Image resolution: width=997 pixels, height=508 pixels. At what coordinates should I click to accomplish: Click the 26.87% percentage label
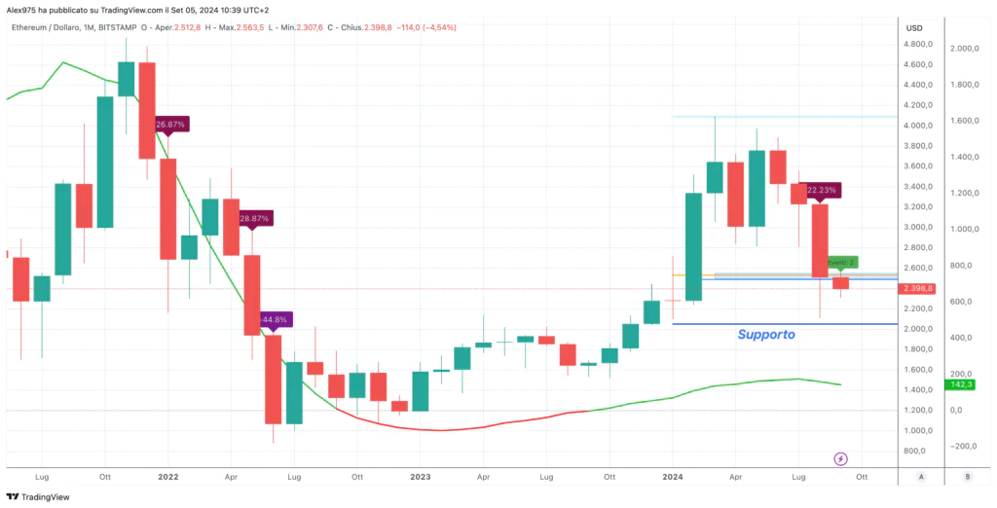[170, 125]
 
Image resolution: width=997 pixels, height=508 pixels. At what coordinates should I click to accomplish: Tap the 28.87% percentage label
[253, 218]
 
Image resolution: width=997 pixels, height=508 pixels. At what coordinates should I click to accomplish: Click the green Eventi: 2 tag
[841, 262]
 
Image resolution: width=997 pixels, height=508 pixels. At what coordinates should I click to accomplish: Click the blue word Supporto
[765, 334]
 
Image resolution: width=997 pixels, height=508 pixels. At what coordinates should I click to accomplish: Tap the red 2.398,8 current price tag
[918, 288]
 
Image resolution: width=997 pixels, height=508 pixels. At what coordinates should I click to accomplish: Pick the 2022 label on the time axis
[167, 477]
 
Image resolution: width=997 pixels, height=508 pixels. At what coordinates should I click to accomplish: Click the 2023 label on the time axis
[420, 477]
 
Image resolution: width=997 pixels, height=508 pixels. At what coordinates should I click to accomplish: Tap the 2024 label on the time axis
[672, 477]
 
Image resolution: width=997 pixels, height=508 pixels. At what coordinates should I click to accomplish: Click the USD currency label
[914, 27]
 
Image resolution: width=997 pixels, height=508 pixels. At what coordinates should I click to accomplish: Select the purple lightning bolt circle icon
[841, 458]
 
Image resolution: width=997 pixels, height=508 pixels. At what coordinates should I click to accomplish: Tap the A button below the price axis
[921, 477]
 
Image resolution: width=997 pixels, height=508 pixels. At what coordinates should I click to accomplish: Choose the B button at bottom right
[967, 477]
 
